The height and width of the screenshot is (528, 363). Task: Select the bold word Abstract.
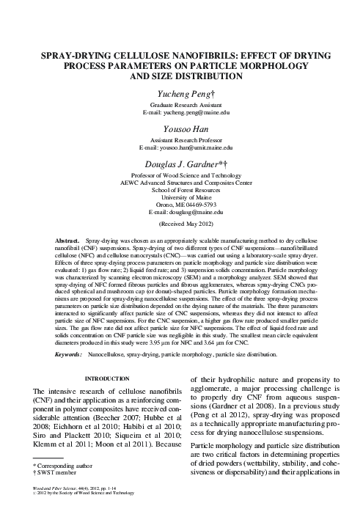click(x=69, y=241)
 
